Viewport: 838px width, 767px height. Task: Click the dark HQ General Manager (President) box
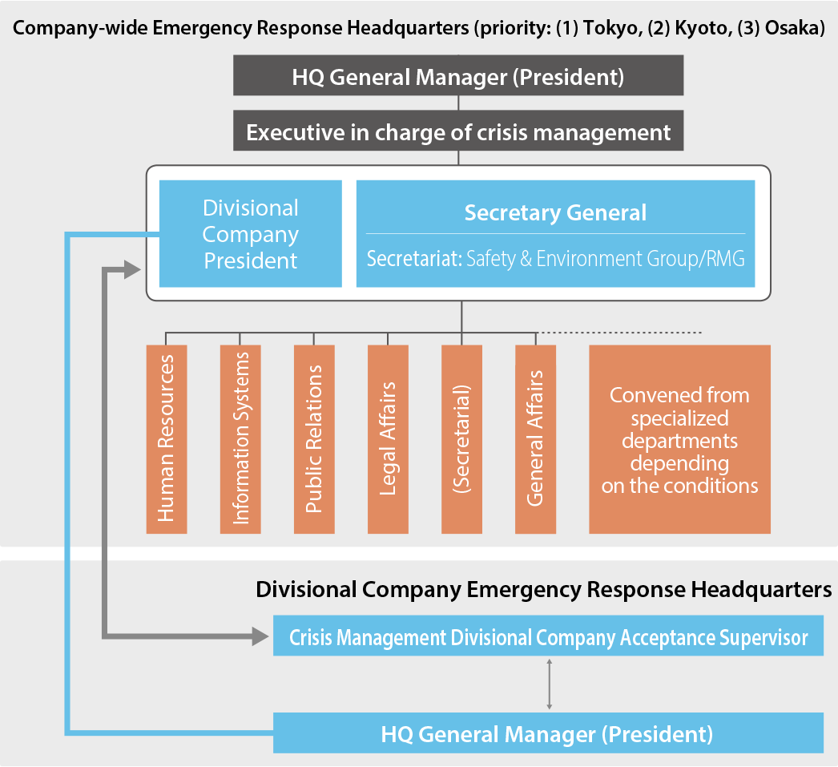(458, 75)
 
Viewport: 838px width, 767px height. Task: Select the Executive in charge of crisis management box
(458, 131)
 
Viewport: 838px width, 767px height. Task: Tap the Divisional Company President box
(251, 233)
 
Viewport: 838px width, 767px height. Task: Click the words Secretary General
(555, 212)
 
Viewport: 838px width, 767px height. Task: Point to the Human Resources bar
(167, 439)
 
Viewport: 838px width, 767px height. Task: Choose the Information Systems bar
(240, 439)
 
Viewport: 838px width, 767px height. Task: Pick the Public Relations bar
(314, 439)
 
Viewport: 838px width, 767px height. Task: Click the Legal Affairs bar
(388, 439)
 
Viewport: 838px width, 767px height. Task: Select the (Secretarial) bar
(461, 439)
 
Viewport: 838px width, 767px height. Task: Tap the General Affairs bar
(535, 439)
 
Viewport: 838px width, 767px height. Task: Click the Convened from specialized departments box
(680, 439)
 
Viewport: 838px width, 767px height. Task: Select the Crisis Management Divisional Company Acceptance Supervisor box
(548, 636)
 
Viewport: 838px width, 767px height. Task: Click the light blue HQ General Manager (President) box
(548, 733)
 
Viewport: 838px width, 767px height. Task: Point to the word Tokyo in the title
(612, 28)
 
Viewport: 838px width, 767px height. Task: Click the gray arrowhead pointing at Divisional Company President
(132, 270)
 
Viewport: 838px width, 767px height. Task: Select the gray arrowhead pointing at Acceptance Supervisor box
(260, 636)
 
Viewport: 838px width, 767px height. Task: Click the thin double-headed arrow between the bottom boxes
(550, 684)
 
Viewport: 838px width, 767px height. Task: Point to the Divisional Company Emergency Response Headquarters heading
(543, 590)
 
